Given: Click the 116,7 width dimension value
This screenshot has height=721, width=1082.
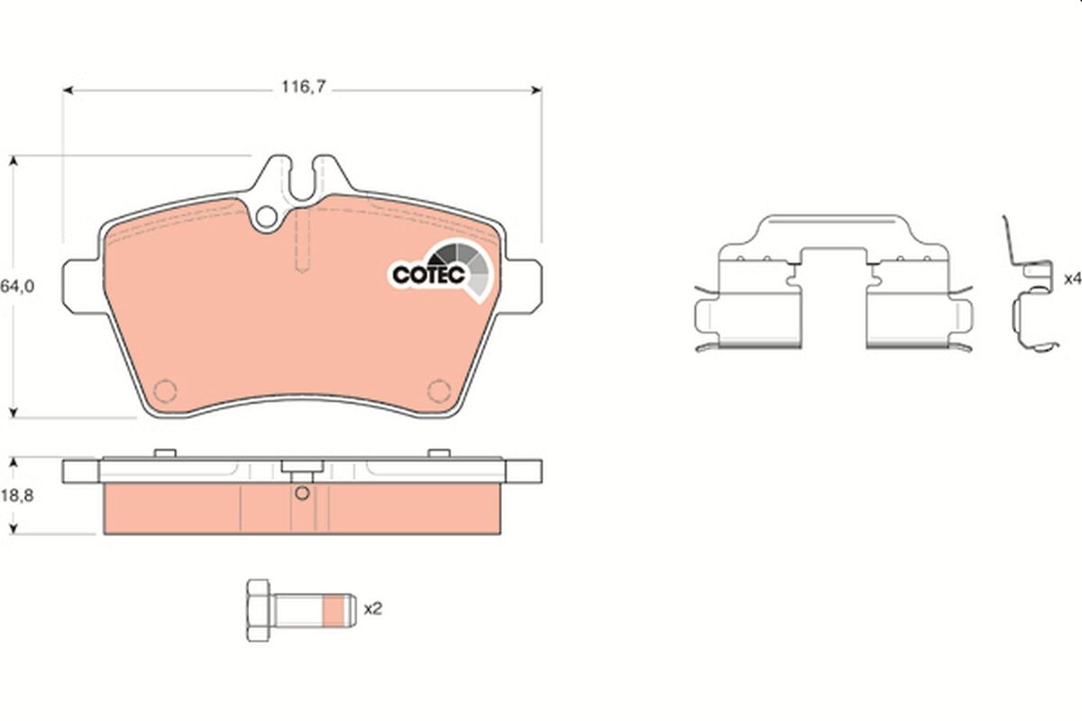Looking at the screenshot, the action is click(x=303, y=87).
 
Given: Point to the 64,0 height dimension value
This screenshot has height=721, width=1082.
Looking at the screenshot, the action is click(x=17, y=287).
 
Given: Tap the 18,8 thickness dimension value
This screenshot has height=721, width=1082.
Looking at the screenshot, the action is click(x=17, y=496).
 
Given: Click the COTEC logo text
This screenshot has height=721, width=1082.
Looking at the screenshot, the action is click(x=428, y=275).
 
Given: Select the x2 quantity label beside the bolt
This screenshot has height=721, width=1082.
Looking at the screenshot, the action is click(x=373, y=609).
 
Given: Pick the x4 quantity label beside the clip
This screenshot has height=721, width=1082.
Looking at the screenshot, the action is click(x=1073, y=279).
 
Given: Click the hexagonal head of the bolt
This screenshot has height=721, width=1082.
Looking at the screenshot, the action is click(x=258, y=610).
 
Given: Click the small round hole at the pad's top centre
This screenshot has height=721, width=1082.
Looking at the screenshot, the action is click(x=266, y=217).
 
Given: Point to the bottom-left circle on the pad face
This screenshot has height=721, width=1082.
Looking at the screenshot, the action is click(x=165, y=390).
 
